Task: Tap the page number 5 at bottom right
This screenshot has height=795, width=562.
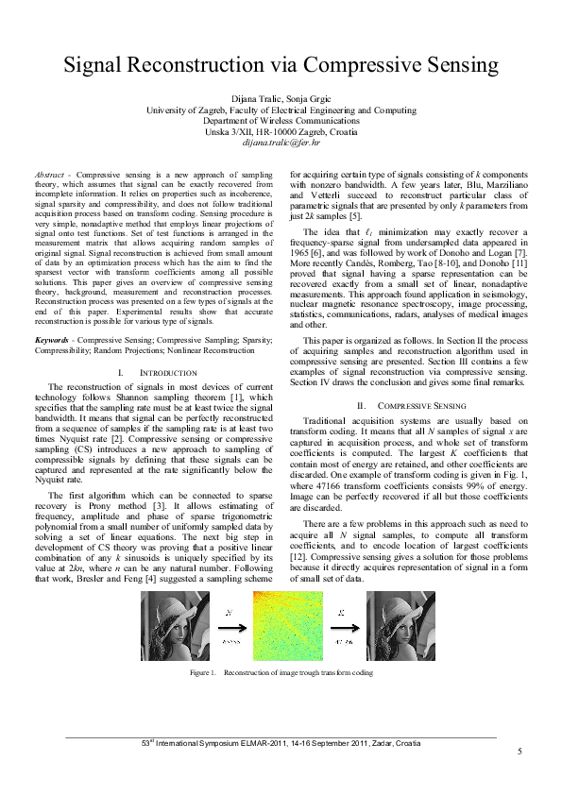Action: point(519,752)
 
